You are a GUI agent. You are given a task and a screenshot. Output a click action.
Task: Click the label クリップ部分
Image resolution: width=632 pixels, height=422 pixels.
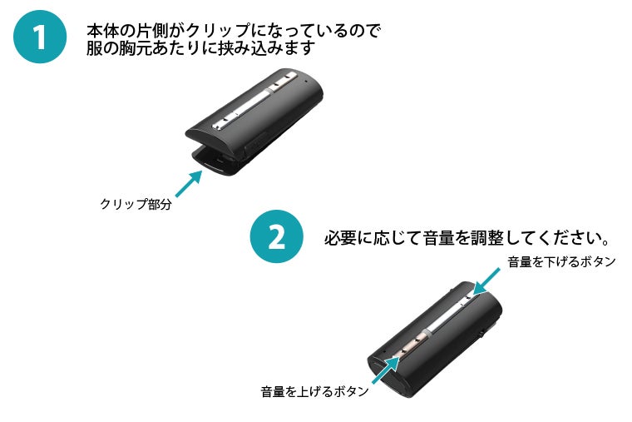pyautogui.click(x=135, y=204)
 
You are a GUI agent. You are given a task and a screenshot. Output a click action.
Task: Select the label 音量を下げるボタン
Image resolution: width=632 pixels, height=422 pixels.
pyautogui.click(x=560, y=262)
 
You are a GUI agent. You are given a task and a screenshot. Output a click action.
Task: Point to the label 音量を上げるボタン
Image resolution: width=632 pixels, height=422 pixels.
pyautogui.click(x=314, y=391)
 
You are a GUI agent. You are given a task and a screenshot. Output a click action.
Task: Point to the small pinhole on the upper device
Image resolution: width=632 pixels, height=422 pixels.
pyautogui.click(x=308, y=82)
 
